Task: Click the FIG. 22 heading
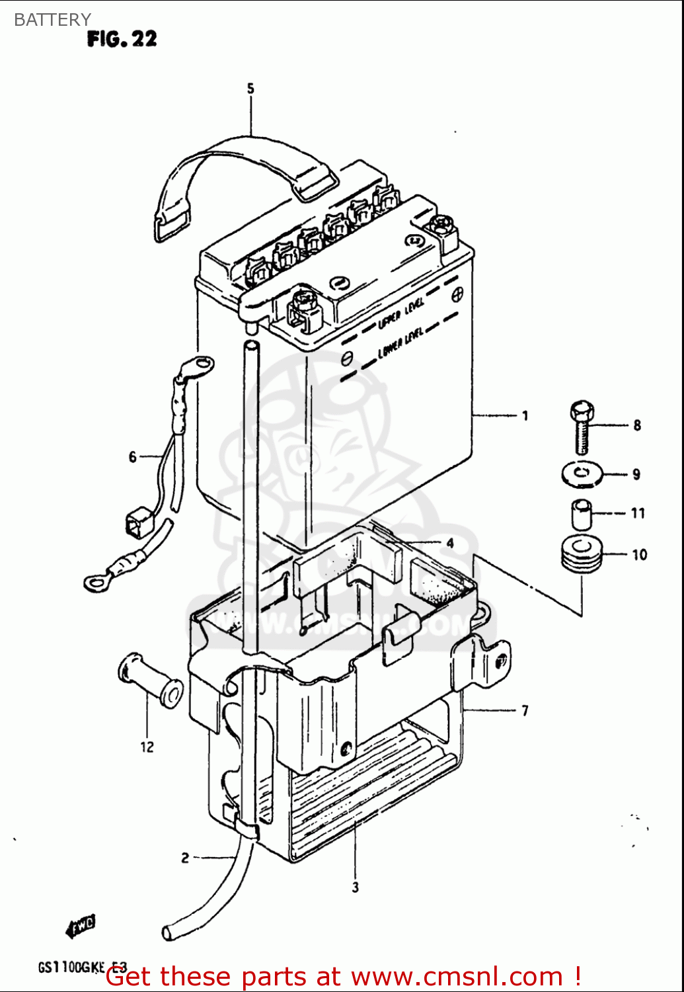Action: pos(122,39)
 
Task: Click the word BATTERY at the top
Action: pos(52,20)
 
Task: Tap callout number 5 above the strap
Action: pos(250,89)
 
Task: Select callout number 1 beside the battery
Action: pos(525,416)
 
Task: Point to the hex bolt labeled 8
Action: pos(582,426)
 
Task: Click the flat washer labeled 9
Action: pos(582,474)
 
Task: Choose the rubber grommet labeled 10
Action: pos(582,554)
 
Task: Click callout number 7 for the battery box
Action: pos(525,711)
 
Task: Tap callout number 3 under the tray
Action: pos(356,888)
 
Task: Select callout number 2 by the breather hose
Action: pos(185,858)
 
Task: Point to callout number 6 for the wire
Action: pos(133,457)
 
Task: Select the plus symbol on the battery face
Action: pos(457,293)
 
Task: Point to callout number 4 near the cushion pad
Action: pos(449,544)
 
